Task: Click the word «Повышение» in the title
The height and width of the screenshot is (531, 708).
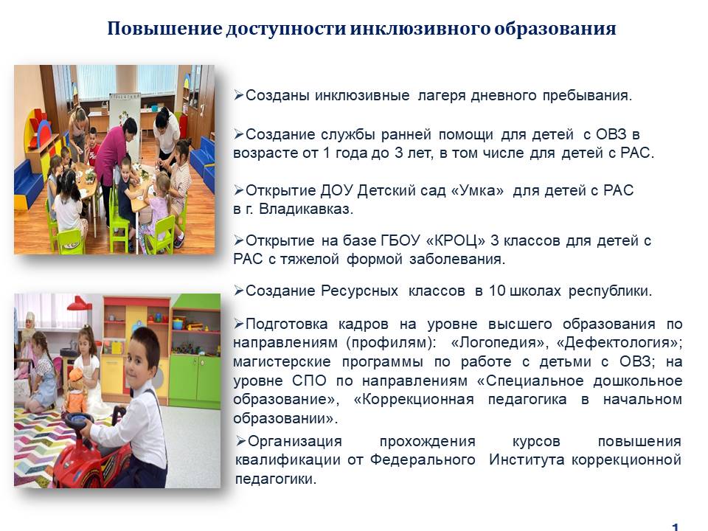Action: point(164,29)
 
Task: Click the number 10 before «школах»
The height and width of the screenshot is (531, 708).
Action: point(497,291)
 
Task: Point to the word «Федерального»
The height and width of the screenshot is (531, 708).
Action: point(423,460)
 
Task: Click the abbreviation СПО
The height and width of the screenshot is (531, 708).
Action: point(309,381)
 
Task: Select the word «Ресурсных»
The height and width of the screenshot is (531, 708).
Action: point(359,291)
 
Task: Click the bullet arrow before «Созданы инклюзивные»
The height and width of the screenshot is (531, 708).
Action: point(239,95)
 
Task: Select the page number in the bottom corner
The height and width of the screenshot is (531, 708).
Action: point(676,527)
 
